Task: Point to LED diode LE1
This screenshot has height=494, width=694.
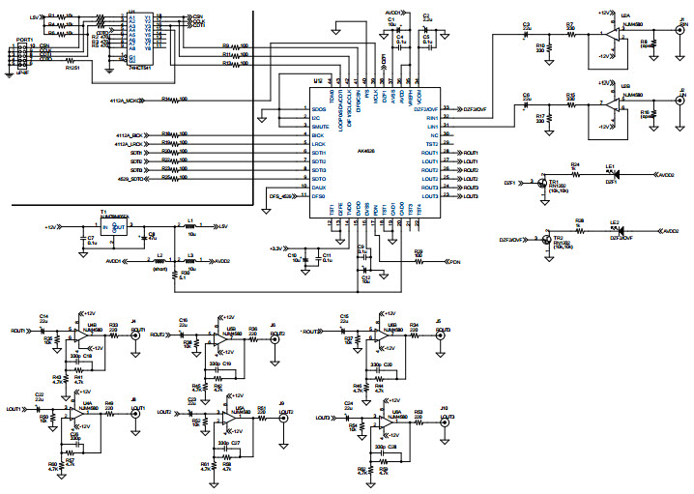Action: [613, 174]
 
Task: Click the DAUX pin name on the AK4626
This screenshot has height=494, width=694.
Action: [318, 188]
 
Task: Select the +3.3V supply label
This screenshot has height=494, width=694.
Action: [275, 247]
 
